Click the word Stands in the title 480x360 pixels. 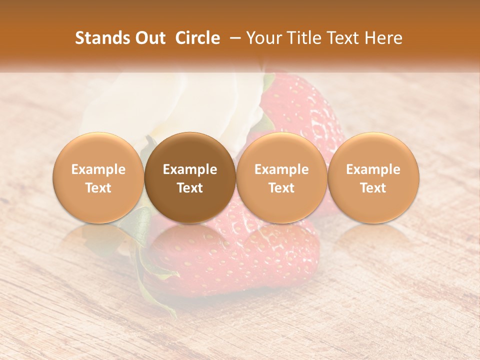pyautogui.click(x=101, y=38)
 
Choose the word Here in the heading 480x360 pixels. pyautogui.click(x=382, y=38)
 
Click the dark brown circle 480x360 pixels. pyautogui.click(x=190, y=177)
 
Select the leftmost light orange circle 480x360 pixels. pyautogui.click(x=98, y=177)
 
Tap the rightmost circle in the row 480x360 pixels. pyautogui.click(x=373, y=177)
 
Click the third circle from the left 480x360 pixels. pyautogui.click(x=281, y=177)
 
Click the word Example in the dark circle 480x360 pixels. pyautogui.click(x=190, y=169)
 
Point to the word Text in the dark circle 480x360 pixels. pyautogui.click(x=190, y=188)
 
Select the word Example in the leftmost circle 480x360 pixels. pyautogui.click(x=98, y=169)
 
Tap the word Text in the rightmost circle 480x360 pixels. pyautogui.click(x=373, y=188)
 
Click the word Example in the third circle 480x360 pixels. pyautogui.click(x=281, y=169)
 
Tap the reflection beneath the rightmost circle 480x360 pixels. pyautogui.click(x=373, y=235)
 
